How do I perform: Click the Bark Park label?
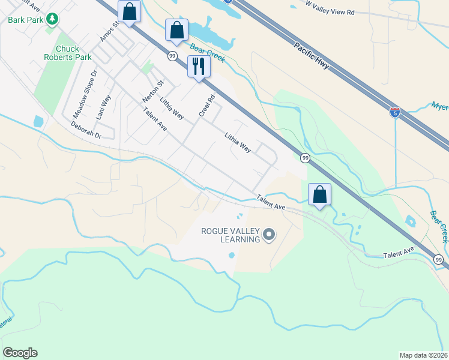(26, 19)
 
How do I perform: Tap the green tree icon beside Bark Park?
(53, 19)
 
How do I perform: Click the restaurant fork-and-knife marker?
(199, 66)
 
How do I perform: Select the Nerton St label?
(152, 91)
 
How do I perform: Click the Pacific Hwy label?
(312, 55)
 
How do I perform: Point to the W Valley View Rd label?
(338, 7)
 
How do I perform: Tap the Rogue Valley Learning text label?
(231, 235)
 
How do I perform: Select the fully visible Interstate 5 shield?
(394, 112)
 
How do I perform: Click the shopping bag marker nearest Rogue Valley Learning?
(319, 194)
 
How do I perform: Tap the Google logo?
(20, 353)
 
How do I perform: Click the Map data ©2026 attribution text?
(423, 355)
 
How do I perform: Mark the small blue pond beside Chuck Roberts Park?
(39, 121)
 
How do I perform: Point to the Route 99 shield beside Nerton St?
(172, 56)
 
